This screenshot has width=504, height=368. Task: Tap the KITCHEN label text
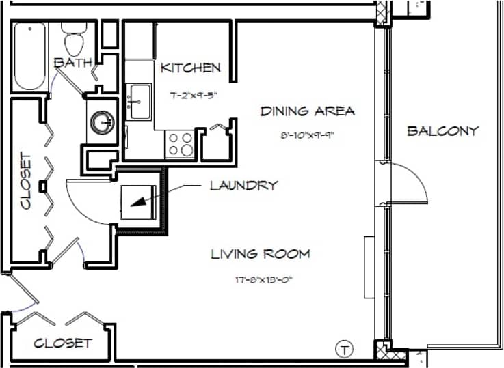click(x=191, y=68)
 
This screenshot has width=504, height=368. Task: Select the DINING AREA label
click(x=307, y=111)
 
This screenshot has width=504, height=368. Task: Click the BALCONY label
click(x=442, y=130)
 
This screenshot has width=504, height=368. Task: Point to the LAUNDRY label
click(x=243, y=185)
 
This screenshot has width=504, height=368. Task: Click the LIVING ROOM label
click(x=260, y=254)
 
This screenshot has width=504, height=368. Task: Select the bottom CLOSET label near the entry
click(x=62, y=343)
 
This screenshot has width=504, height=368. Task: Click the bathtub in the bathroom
click(x=30, y=55)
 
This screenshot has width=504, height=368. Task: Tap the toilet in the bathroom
click(x=72, y=38)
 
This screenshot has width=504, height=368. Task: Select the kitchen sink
click(x=140, y=102)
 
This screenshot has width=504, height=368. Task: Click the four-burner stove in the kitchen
click(x=180, y=144)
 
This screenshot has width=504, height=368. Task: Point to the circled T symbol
click(x=345, y=350)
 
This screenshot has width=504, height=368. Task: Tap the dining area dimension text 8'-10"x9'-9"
click(x=306, y=135)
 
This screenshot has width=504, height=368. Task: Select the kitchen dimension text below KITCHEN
click(x=190, y=96)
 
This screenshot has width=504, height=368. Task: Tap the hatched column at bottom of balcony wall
click(x=382, y=350)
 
